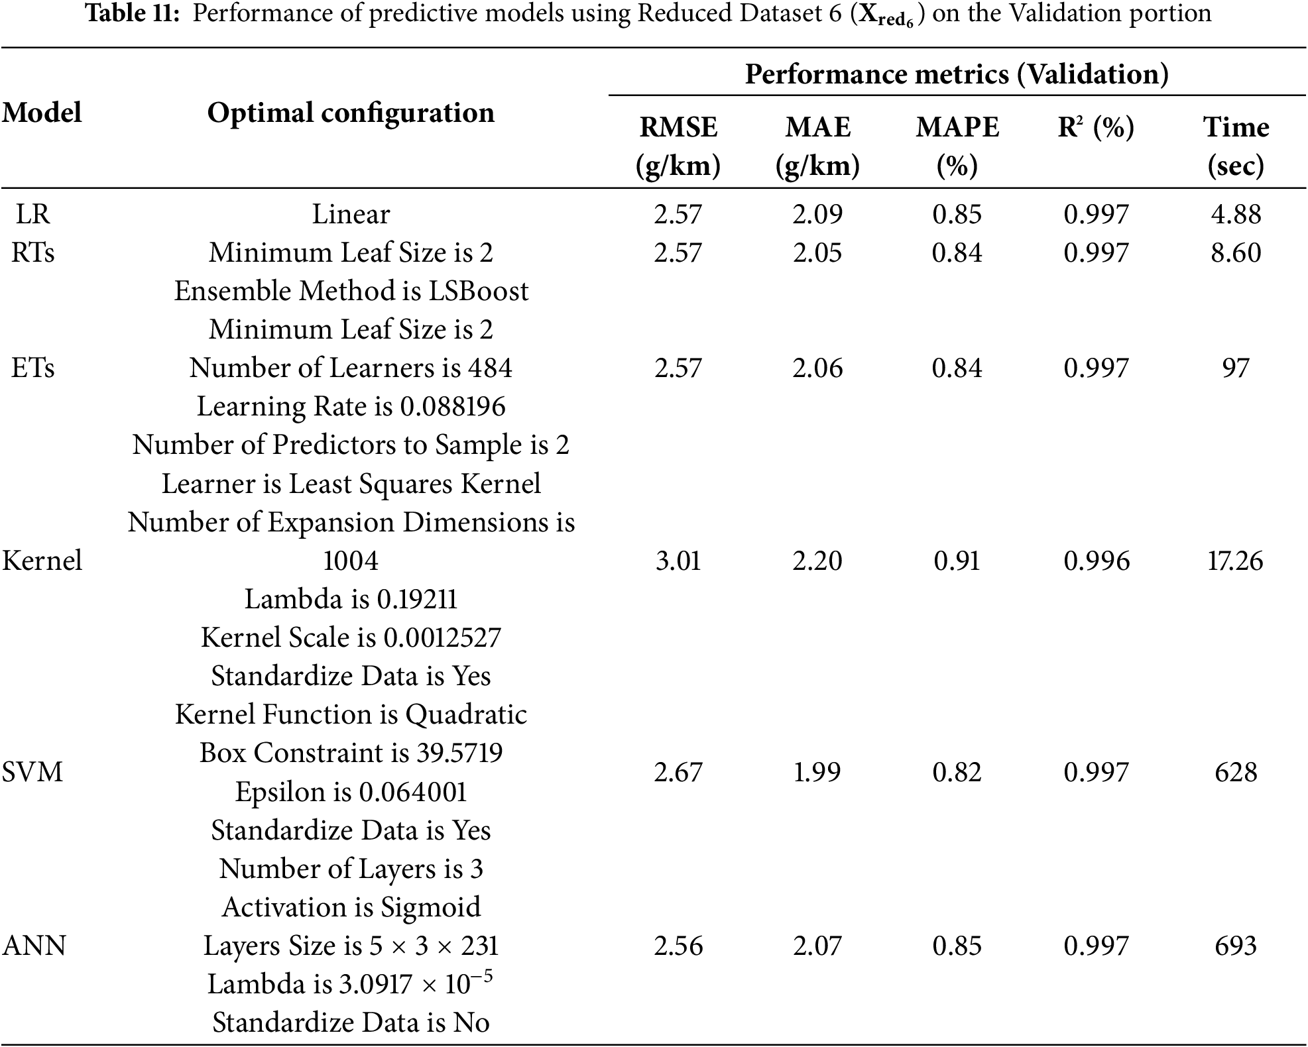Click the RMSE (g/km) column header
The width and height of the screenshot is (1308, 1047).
[x=678, y=146]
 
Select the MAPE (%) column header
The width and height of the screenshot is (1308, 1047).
[x=957, y=146]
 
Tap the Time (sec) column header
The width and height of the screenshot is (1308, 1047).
[x=1236, y=146]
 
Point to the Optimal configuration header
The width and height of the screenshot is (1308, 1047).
[x=351, y=113]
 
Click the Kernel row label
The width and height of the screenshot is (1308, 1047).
[x=42, y=561]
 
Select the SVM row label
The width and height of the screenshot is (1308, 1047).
[x=32, y=772]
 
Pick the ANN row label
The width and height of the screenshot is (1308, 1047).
[x=34, y=946]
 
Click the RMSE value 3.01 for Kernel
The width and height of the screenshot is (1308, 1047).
[x=678, y=561]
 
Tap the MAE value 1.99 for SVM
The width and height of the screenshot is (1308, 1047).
[x=817, y=772]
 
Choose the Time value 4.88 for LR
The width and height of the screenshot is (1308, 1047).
[x=1236, y=214]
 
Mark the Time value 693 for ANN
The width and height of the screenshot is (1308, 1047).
[x=1236, y=946]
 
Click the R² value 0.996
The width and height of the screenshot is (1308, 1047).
[x=1097, y=561]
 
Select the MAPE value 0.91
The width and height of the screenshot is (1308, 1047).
[x=957, y=561]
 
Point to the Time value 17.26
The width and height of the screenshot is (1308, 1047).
[x=1236, y=561]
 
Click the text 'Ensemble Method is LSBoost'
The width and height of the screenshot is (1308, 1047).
[x=351, y=291]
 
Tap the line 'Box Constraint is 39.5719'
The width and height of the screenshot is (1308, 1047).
[x=351, y=753]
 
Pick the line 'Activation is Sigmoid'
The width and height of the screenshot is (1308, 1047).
[x=351, y=907]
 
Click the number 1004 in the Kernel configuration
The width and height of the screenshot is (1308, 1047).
[x=351, y=561]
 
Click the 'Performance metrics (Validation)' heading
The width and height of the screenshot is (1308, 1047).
[x=957, y=74]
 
